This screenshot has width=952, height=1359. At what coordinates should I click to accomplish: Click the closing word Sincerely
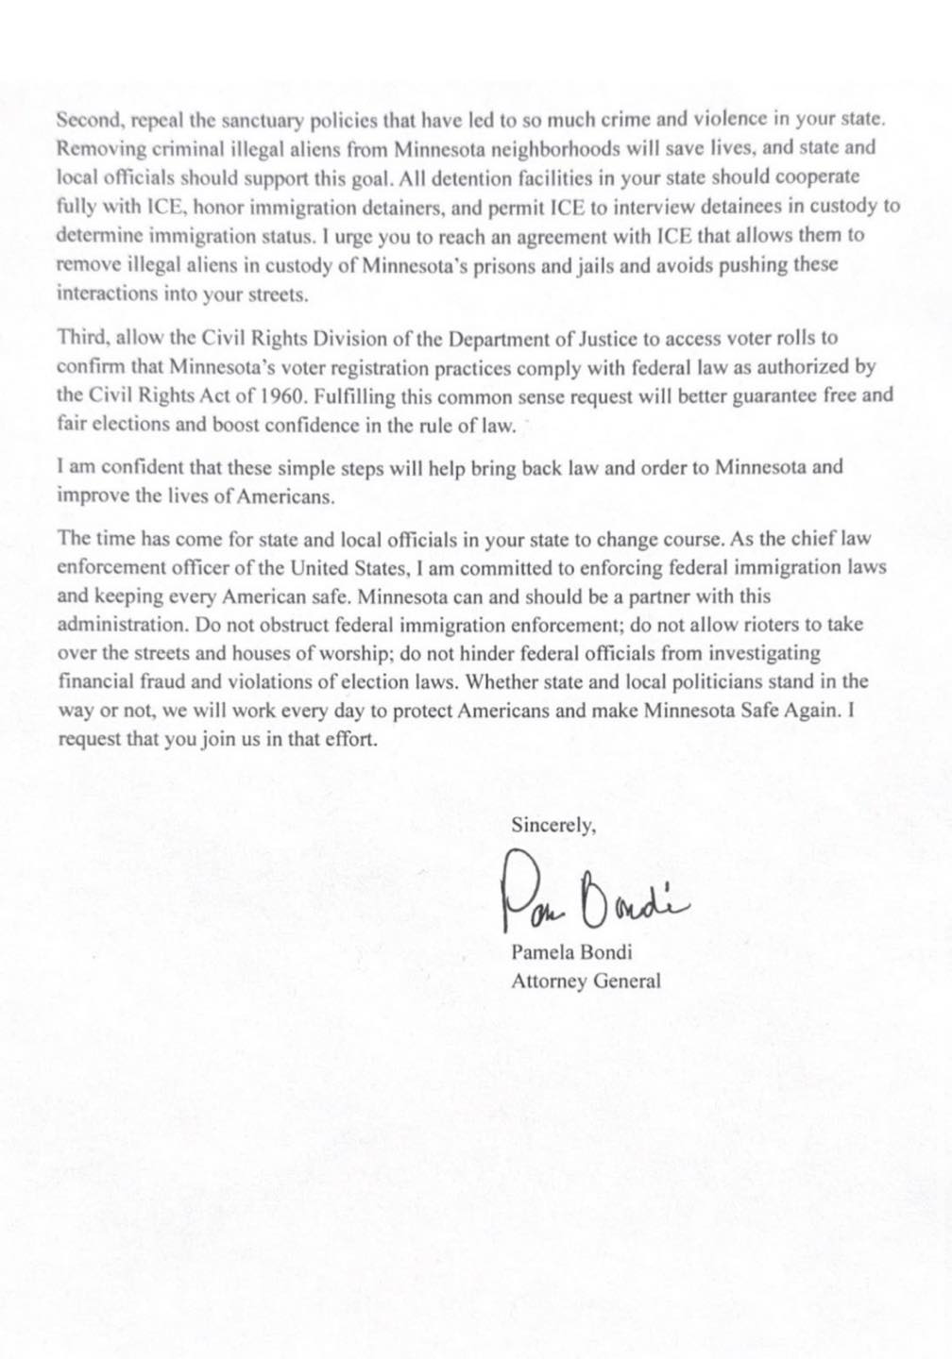click(x=553, y=825)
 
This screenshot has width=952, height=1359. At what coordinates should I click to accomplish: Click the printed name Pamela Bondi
click(x=570, y=952)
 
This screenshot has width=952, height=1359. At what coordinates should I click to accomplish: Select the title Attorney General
click(x=586, y=981)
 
